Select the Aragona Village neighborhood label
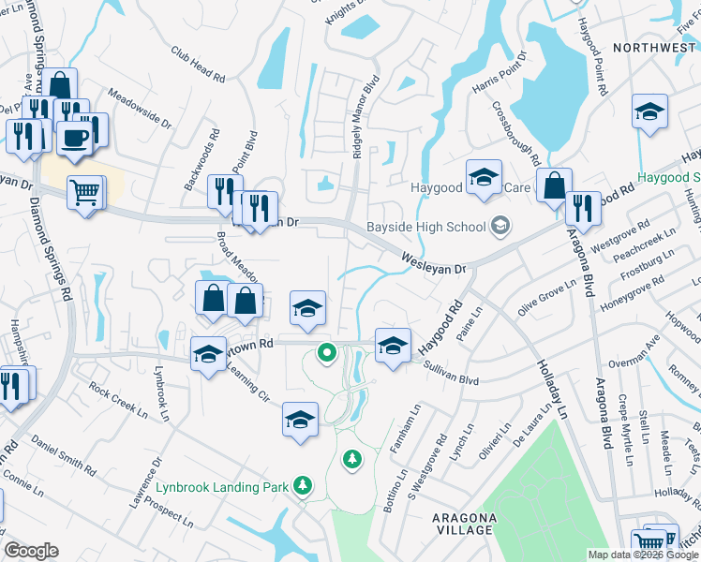click(463, 524)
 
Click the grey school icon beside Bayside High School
click(500, 226)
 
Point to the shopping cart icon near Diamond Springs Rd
click(85, 192)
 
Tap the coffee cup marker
click(73, 137)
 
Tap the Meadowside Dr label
click(140, 109)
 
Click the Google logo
click(31, 551)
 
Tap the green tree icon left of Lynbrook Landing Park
click(302, 484)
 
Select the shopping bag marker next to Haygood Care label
click(554, 185)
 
